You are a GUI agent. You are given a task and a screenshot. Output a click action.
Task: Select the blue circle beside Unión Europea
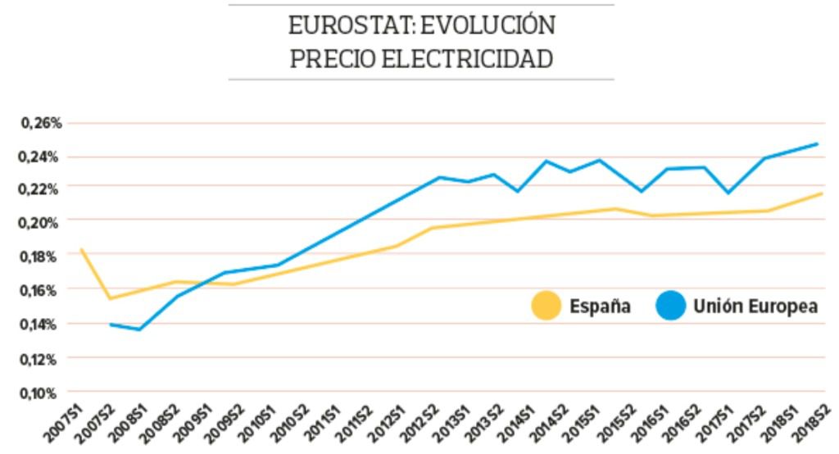click(x=671, y=307)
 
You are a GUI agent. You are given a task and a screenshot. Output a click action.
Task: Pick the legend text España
click(x=600, y=307)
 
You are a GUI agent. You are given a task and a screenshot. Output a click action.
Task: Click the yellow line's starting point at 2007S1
click(x=80, y=249)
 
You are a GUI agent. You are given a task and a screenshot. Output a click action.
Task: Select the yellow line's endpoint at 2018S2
click(x=821, y=193)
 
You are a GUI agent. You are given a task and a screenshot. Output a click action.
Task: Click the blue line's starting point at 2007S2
click(x=110, y=325)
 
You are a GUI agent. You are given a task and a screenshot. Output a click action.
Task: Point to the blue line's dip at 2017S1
click(x=728, y=193)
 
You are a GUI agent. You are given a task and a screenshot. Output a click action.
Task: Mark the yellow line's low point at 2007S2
click(x=110, y=298)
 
